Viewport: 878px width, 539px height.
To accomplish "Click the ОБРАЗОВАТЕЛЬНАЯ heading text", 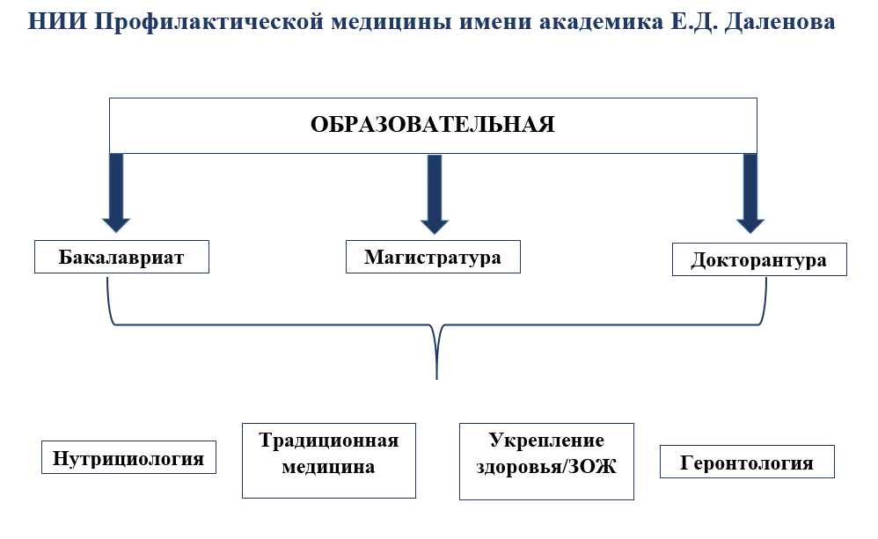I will (432, 124).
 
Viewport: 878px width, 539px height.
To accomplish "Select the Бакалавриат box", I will (121, 258).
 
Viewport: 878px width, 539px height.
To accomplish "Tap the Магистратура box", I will (433, 258).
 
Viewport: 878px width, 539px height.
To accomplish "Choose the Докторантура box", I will (758, 260).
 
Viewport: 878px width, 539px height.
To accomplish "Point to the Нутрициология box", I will (128, 458).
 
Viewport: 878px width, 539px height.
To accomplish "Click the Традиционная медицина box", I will (328, 454).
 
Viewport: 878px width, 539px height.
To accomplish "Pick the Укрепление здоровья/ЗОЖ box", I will (546, 454).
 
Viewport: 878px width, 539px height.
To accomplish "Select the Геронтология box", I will (746, 463).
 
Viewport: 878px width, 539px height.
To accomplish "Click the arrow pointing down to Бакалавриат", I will (116, 193).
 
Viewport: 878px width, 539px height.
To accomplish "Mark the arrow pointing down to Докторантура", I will (750, 193).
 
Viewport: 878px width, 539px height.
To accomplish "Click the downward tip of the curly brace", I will (436, 376).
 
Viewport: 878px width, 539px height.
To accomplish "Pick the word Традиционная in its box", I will (328, 441).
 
